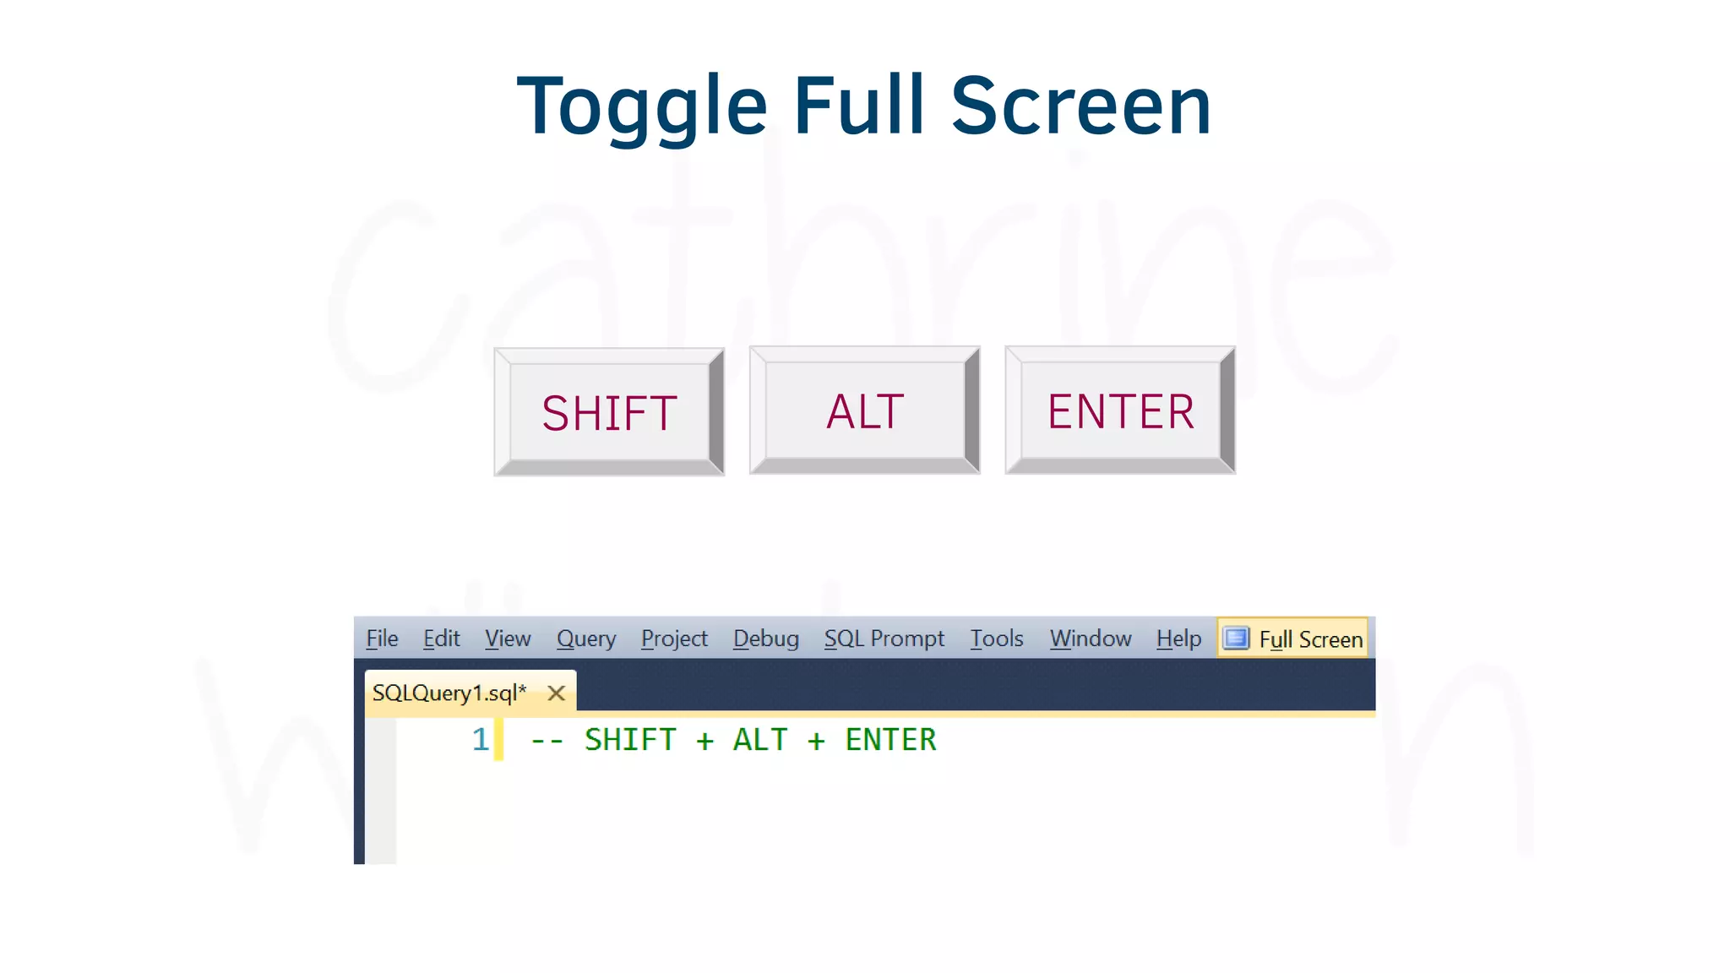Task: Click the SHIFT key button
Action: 609,412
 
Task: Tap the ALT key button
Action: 865,410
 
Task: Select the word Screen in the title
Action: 1081,106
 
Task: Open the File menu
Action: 382,639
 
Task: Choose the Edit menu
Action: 441,639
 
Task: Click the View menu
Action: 508,639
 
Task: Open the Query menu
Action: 585,639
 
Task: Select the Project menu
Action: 674,639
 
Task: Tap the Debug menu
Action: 765,639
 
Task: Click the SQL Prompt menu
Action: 884,639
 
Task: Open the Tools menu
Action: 996,639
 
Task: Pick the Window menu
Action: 1090,639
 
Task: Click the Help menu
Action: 1178,639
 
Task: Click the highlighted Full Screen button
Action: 1293,639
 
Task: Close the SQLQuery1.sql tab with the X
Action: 556,693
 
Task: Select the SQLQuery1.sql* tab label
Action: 449,693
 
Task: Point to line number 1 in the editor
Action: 480,740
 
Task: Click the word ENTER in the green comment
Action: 890,740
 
